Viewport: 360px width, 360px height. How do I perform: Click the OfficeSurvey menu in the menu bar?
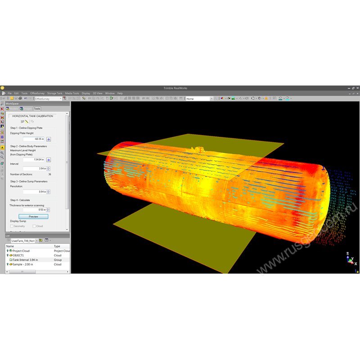[37, 93]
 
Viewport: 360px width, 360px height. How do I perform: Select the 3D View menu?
[98, 93]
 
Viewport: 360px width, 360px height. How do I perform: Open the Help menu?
[120, 93]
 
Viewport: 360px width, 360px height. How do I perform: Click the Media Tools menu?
[72, 93]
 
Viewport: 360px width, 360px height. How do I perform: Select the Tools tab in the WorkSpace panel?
[37, 108]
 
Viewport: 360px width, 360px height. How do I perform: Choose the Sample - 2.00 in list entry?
[22, 265]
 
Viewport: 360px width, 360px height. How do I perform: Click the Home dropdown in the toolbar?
[198, 99]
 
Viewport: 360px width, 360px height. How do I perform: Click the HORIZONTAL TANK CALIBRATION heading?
[32, 116]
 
